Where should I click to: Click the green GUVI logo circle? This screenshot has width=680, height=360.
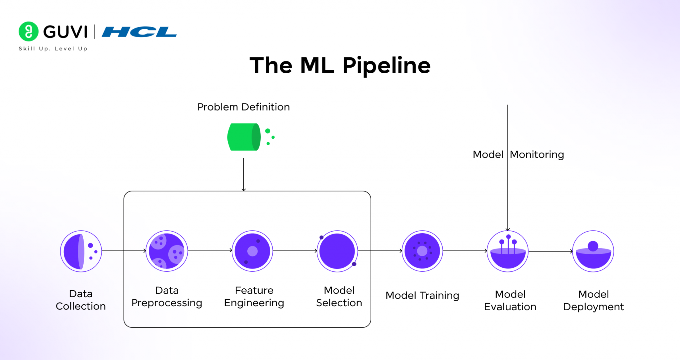click(29, 32)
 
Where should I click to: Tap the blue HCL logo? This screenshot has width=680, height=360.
click(139, 32)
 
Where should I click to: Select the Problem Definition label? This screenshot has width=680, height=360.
click(243, 107)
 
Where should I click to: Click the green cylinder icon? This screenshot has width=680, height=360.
click(244, 137)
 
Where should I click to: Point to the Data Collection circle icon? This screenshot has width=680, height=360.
click(81, 251)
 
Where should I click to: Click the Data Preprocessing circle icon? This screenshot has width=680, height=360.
click(167, 251)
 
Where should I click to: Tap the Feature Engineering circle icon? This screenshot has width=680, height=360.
click(252, 251)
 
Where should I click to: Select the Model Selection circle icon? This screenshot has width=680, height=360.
click(337, 251)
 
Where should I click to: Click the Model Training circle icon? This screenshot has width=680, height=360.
click(422, 251)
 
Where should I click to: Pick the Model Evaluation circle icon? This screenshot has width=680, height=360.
click(508, 251)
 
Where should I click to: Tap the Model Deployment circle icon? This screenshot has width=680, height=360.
click(593, 251)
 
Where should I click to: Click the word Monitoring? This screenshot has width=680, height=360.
click(537, 155)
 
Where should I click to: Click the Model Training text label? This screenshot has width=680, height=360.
click(422, 295)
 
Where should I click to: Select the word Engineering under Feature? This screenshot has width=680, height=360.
click(254, 303)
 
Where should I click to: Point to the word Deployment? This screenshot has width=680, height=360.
click(593, 307)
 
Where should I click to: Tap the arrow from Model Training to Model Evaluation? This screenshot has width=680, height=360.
click(465, 251)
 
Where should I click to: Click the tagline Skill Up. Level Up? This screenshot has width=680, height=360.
click(53, 48)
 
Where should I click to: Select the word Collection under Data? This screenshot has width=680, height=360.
click(81, 306)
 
